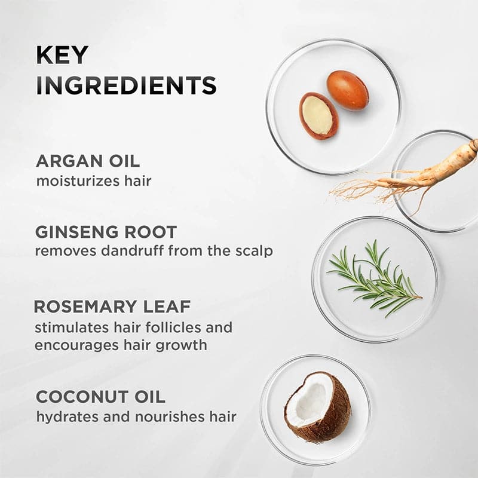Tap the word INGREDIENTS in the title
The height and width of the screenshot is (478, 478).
coord(126,85)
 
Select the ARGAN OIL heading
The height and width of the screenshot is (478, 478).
coord(88,161)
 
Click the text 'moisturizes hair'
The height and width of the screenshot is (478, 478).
coord(93,180)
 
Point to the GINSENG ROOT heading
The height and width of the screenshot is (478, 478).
coord(106,232)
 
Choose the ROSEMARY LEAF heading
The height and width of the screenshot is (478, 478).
coord(112,307)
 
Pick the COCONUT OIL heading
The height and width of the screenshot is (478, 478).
coord(100,397)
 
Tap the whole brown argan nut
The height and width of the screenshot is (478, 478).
coord(347,90)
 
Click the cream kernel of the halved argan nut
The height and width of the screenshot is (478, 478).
coord(318,115)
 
